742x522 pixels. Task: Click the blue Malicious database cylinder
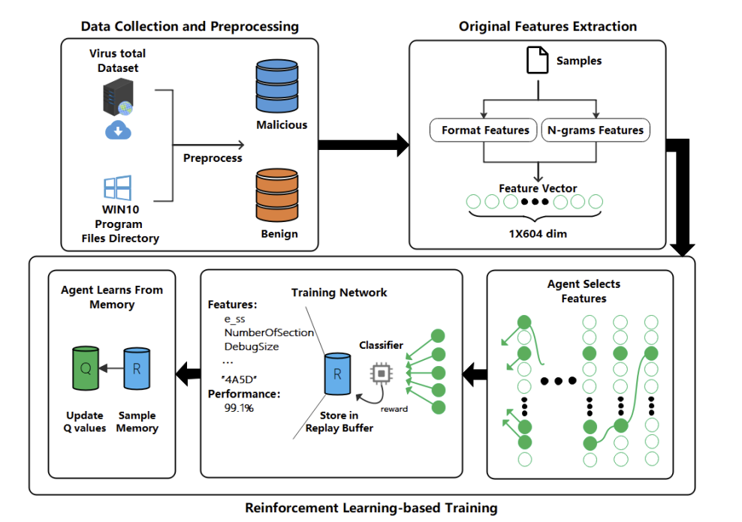tap(277, 85)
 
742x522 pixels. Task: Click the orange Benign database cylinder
tap(277, 195)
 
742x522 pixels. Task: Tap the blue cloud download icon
tap(118, 130)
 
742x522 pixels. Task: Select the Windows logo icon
tap(117, 187)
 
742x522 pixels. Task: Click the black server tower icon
tap(119, 97)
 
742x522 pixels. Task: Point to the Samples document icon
tap(538, 60)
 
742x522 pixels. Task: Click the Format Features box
tap(483, 130)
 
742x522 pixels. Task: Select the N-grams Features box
tap(596, 130)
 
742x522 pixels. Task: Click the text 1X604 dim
tap(538, 233)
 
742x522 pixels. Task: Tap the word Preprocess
tap(213, 158)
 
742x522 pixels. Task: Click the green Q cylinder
tap(86, 368)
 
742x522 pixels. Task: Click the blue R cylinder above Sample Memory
tap(137, 368)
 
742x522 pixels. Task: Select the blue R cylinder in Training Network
tap(337, 373)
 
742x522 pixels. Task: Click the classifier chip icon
tap(382, 373)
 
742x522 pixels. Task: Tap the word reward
tap(394, 409)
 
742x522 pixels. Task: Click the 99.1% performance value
tap(239, 408)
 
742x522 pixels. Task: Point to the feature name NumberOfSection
tap(269, 332)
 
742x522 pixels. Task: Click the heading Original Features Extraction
tap(547, 26)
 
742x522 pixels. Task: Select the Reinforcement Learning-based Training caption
tap(371, 508)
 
